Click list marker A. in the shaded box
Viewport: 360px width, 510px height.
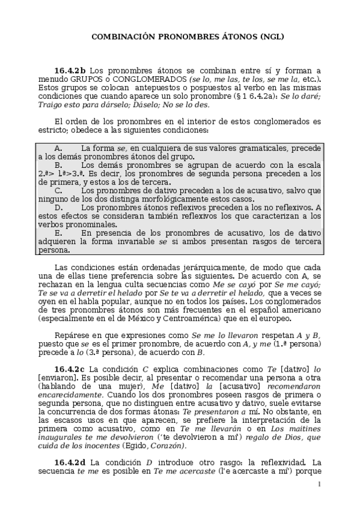(58, 148)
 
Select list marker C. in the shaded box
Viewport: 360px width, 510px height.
(59, 190)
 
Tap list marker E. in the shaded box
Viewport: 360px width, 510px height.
(58, 232)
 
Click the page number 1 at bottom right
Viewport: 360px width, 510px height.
(320, 485)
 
